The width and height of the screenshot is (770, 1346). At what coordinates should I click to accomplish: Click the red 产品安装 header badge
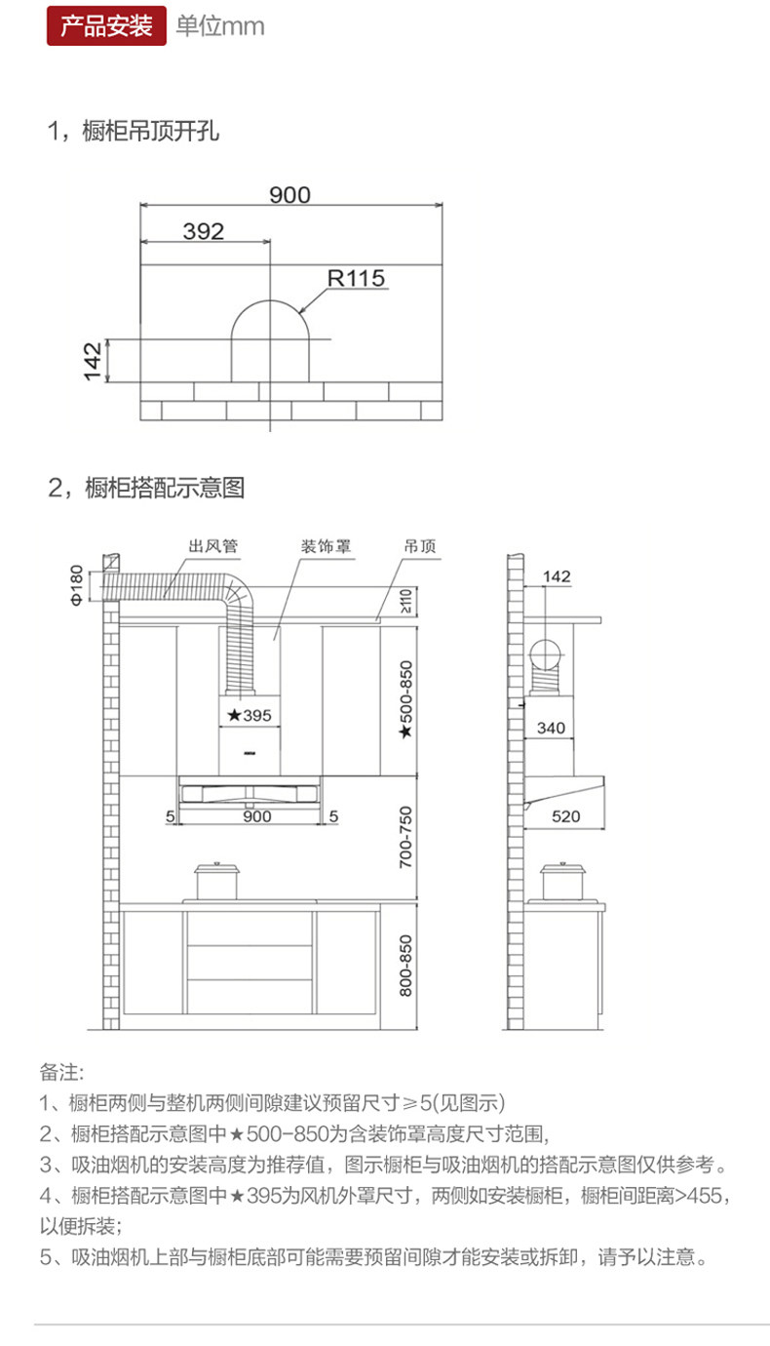pyautogui.click(x=106, y=25)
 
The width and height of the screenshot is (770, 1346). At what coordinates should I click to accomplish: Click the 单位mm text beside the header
pyautogui.click(x=219, y=26)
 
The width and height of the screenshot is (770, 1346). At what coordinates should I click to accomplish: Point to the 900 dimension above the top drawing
pyautogui.click(x=289, y=195)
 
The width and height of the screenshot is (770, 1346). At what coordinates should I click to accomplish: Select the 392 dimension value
pyautogui.click(x=203, y=231)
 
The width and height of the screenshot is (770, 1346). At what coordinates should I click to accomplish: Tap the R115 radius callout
pyautogui.click(x=356, y=279)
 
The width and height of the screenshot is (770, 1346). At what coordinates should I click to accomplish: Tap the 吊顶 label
pyautogui.click(x=420, y=545)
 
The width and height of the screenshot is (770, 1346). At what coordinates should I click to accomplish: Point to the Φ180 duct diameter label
pyautogui.click(x=76, y=585)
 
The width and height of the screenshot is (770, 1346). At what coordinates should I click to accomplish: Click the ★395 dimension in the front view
pyautogui.click(x=250, y=715)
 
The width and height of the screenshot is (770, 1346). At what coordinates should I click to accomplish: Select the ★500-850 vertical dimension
pyautogui.click(x=407, y=699)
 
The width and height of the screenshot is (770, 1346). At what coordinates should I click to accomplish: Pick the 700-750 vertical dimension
pyautogui.click(x=407, y=838)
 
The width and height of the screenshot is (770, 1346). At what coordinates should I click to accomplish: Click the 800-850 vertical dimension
pyautogui.click(x=407, y=966)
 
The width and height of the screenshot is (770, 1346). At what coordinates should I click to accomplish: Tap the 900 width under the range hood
pyautogui.click(x=256, y=816)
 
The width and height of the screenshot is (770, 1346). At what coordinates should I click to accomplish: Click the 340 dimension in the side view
pyautogui.click(x=551, y=729)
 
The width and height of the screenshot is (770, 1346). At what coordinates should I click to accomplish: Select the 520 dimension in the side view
pyautogui.click(x=565, y=816)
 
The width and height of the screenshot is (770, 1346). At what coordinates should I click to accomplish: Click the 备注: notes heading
pyautogui.click(x=62, y=1072)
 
